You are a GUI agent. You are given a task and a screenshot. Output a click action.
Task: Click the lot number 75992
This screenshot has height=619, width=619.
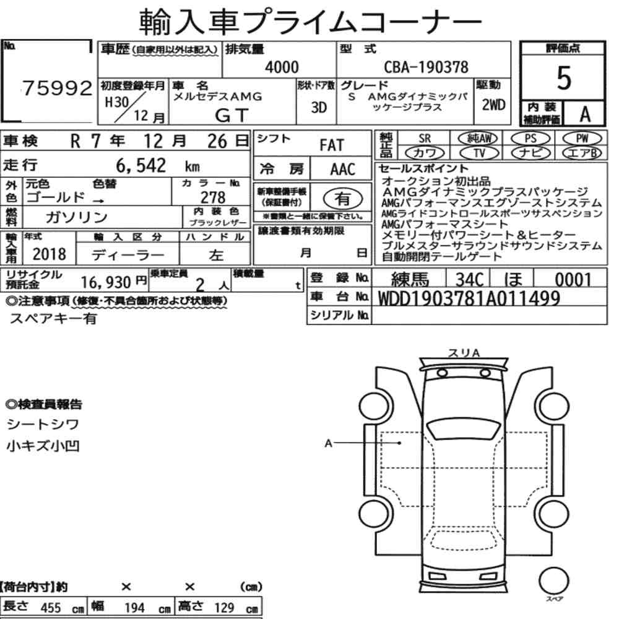57,88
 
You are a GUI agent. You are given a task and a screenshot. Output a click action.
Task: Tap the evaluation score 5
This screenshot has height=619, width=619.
564,78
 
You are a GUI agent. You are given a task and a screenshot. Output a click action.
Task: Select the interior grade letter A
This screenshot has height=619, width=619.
585,115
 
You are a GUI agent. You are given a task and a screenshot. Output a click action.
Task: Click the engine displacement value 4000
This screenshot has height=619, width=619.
282,67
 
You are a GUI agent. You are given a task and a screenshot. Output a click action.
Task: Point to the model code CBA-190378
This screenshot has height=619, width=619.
426,67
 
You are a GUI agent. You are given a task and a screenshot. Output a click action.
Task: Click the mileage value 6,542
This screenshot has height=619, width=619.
141,166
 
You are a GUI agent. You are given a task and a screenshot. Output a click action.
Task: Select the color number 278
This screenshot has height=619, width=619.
213,197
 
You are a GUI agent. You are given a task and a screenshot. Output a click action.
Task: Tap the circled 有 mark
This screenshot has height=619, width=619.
343,199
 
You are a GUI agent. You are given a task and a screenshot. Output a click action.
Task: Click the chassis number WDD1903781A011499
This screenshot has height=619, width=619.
469,298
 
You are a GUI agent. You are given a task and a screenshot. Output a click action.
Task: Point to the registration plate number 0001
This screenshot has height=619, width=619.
573,280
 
